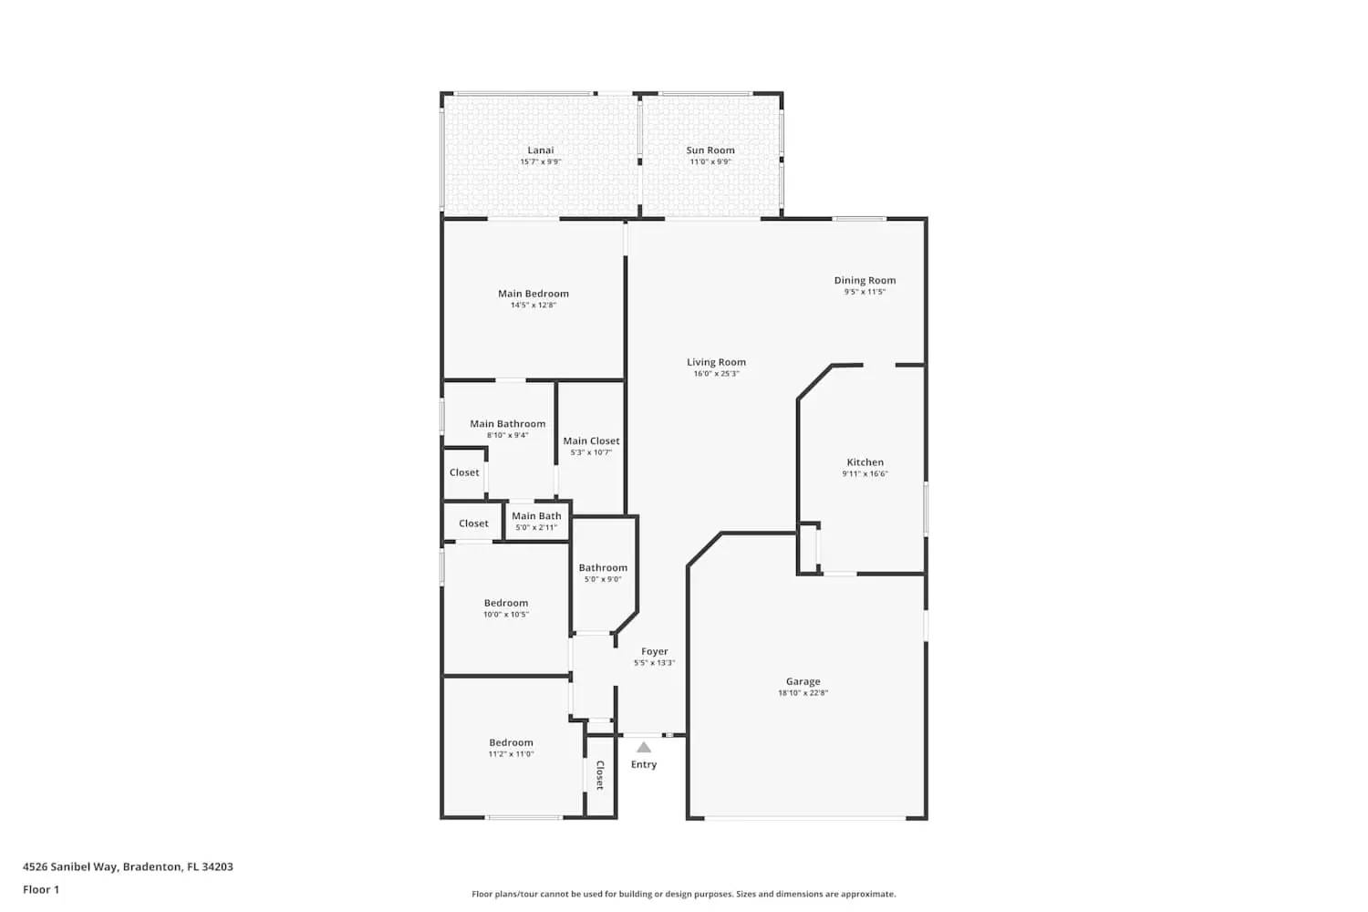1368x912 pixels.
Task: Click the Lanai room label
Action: click(x=540, y=150)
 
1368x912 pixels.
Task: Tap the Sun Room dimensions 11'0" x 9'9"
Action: click(x=710, y=162)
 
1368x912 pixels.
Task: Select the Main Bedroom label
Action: click(x=533, y=294)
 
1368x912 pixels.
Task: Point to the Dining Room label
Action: click(x=865, y=280)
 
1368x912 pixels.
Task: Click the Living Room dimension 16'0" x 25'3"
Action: click(x=716, y=374)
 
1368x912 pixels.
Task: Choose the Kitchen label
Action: click(x=865, y=462)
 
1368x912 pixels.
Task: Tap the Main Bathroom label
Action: click(x=507, y=424)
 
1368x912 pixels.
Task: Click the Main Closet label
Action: click(x=591, y=441)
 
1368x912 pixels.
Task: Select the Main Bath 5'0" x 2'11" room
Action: click(x=536, y=522)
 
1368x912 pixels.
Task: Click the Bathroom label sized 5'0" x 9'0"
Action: click(x=603, y=567)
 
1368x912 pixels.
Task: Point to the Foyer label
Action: click(x=654, y=651)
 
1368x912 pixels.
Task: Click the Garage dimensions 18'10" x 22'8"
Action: click(x=803, y=693)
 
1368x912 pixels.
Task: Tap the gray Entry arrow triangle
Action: click(x=644, y=747)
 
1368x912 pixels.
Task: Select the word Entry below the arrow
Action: click(x=644, y=764)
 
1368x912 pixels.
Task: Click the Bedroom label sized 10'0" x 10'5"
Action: click(x=505, y=603)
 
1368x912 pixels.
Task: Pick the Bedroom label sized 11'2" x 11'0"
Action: click(x=511, y=742)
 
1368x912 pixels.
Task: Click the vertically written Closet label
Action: click(x=599, y=775)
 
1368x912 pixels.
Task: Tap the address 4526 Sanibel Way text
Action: click(x=128, y=866)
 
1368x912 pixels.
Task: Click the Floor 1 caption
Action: click(x=41, y=889)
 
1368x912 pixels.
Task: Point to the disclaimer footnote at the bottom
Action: click(x=683, y=895)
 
